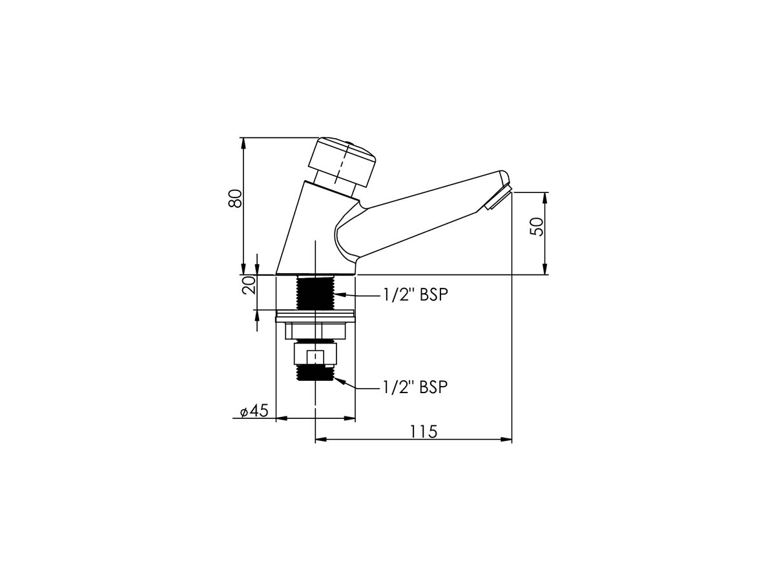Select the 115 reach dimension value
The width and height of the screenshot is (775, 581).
pyautogui.click(x=423, y=431)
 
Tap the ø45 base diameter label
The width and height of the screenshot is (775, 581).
pyautogui.click(x=254, y=411)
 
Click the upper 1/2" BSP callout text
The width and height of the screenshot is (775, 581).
pyautogui.click(x=415, y=295)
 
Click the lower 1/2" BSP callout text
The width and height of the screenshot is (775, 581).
pyautogui.click(x=415, y=387)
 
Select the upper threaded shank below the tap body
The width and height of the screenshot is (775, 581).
pyautogui.click(x=315, y=292)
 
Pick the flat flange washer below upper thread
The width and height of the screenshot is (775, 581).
pyautogui.click(x=315, y=317)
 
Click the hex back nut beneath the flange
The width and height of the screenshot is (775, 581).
pyautogui.click(x=315, y=331)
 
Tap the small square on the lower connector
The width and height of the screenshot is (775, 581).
pyautogui.click(x=315, y=357)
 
